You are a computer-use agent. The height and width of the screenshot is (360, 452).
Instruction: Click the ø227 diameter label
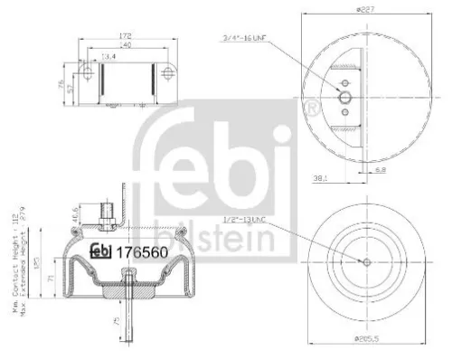tap(365, 7)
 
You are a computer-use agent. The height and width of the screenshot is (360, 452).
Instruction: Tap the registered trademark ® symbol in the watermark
tap(312, 109)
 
